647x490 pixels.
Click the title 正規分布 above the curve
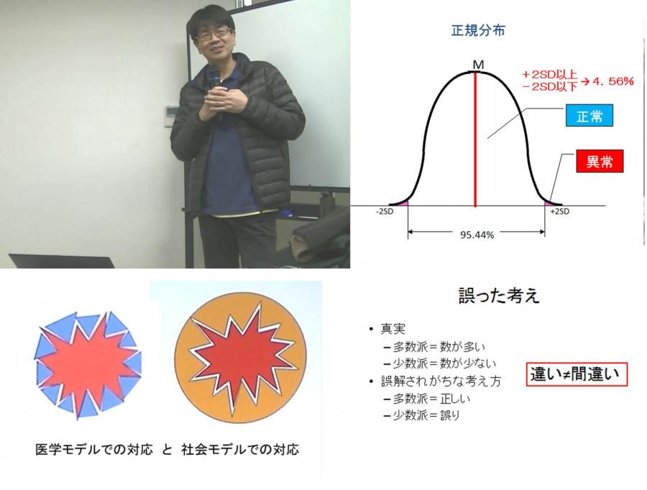point(478,30)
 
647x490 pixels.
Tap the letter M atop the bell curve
point(478,65)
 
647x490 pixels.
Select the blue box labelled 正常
point(589,116)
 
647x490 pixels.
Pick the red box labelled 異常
point(599,161)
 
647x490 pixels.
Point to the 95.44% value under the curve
point(477,235)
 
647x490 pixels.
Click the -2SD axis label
point(384,212)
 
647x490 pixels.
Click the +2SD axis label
point(560,212)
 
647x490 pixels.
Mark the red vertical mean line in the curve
point(475,140)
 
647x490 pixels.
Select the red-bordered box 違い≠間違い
point(577,374)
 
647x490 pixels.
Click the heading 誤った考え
point(499,296)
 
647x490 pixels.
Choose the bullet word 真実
point(393,329)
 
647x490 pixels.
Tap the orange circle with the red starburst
point(241,358)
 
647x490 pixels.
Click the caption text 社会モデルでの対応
point(240,449)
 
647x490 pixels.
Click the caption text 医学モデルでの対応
point(94,449)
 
